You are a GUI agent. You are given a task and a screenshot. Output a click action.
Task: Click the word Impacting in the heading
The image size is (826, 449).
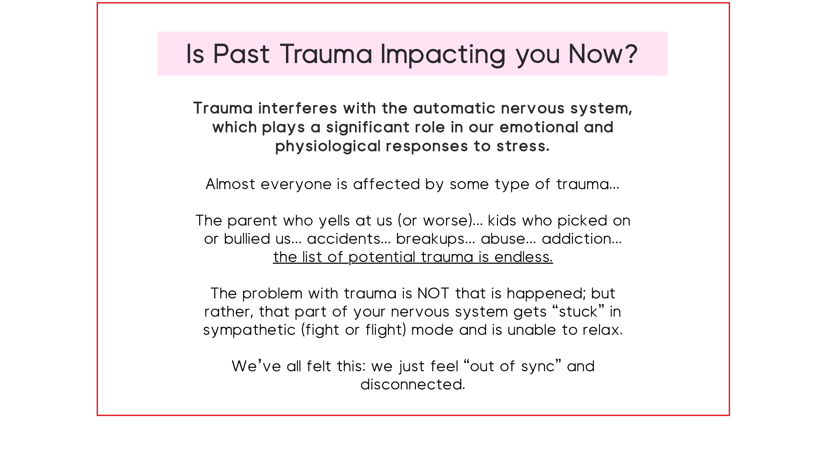pos(443,55)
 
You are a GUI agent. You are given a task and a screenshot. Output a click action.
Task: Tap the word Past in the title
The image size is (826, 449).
pos(241,54)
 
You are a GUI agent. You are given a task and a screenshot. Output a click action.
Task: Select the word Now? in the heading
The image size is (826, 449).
pos(603,54)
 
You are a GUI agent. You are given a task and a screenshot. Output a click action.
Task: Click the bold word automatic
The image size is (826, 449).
pos(454,108)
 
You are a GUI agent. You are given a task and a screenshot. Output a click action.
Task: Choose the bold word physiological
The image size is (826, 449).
pos(328,146)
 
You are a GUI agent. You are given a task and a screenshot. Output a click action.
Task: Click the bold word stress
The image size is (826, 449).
pos(523,147)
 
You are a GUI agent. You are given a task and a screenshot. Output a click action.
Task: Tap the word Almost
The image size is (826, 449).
pos(230,184)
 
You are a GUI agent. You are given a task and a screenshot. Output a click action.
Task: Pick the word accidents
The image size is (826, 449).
pos(339,239)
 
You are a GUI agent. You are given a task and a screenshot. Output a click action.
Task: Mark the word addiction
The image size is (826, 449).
pos(581,239)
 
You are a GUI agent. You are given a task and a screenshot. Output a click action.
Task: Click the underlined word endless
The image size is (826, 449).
pos(524,257)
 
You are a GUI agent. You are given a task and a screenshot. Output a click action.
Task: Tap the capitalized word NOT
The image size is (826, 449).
pos(433,293)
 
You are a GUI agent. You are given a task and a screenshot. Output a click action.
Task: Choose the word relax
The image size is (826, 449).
pos(603,330)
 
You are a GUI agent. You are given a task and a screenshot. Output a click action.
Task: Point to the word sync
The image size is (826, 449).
pos(538,367)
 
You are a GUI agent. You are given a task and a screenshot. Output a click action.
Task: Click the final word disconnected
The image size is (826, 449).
pos(413,385)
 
